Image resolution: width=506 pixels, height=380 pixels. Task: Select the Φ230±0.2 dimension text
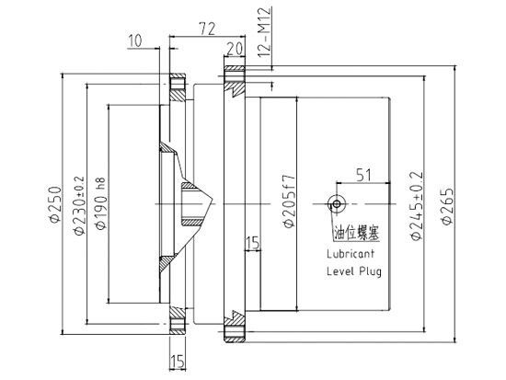(79, 205)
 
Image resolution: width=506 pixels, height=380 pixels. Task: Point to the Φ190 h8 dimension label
(100, 203)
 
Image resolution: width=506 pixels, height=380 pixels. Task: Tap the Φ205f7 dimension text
(289, 202)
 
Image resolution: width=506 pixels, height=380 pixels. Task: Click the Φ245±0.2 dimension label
(416, 206)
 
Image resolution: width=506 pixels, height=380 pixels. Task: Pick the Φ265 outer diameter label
(447, 206)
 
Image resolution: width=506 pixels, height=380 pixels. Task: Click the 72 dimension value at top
(207, 29)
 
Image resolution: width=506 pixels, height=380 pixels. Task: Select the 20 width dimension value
(235, 50)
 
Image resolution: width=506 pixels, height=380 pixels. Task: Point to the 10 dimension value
(135, 41)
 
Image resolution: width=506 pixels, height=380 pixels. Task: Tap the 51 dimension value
(363, 176)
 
